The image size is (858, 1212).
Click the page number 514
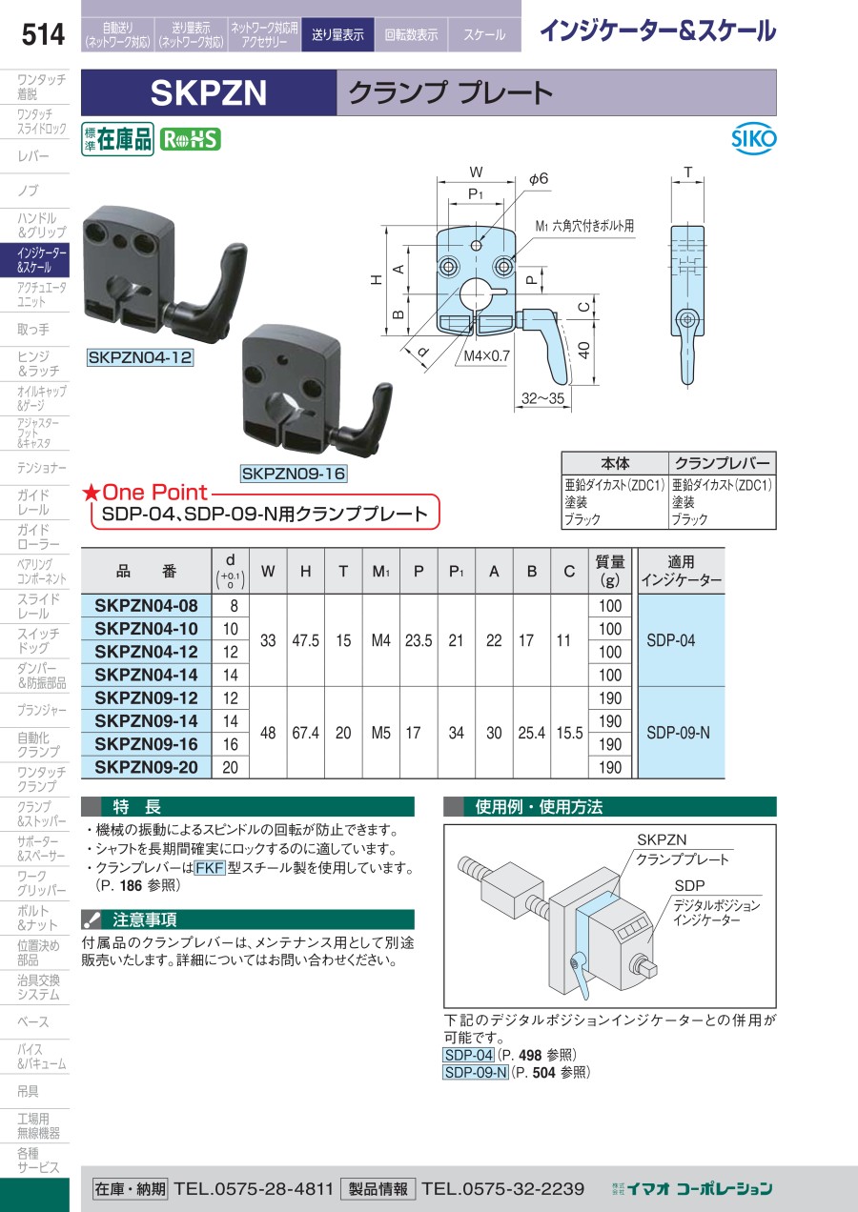pyautogui.click(x=43, y=34)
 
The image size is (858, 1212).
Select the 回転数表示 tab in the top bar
pyautogui.click(x=411, y=35)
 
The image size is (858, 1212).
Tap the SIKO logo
pyautogui.click(x=753, y=140)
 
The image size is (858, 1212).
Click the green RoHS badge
pyautogui.click(x=191, y=140)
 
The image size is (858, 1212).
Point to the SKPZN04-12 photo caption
pyautogui.click(x=140, y=357)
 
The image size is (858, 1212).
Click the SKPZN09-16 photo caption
pyautogui.click(x=294, y=474)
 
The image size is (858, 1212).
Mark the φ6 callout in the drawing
pyautogui.click(x=539, y=178)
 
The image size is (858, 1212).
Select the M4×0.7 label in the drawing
pyautogui.click(x=486, y=356)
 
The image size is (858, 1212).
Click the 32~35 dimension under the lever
pyautogui.click(x=542, y=399)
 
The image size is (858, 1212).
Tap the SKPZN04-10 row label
pyautogui.click(x=146, y=629)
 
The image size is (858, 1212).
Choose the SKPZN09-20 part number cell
pyautogui.click(x=146, y=767)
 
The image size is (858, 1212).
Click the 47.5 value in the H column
pyautogui.click(x=306, y=641)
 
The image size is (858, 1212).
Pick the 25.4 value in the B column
pyautogui.click(x=532, y=733)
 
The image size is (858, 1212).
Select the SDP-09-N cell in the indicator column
pyautogui.click(x=678, y=733)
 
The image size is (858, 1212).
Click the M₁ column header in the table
pyautogui.click(x=381, y=572)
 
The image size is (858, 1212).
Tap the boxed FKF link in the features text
pyautogui.click(x=210, y=868)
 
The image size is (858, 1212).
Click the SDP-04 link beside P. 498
pyautogui.click(x=469, y=1055)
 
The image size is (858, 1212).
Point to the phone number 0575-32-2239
pyautogui.click(x=503, y=1189)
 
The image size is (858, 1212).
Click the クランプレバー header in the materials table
pyautogui.click(x=722, y=463)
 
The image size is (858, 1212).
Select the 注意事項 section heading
pyautogui.click(x=145, y=919)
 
